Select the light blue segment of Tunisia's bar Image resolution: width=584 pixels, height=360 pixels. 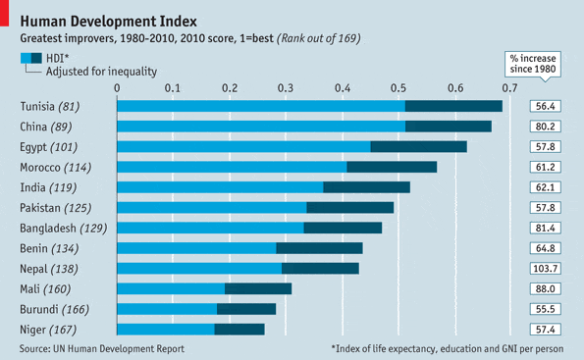pos(261,106)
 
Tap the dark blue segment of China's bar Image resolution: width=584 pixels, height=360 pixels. pos(448,126)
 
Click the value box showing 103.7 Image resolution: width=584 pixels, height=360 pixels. pos(547,268)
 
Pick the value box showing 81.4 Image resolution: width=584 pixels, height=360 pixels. pos(547,228)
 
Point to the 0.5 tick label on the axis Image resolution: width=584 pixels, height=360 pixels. pos(398,86)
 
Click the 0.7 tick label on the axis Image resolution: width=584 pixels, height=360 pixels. pos(511,86)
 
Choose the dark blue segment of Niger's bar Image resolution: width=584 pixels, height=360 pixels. pos(239,330)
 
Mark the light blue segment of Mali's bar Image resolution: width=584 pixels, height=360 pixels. pos(171,288)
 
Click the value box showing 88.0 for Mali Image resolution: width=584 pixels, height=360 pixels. pos(547,288)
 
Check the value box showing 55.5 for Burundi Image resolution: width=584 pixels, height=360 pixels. pos(547,309)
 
